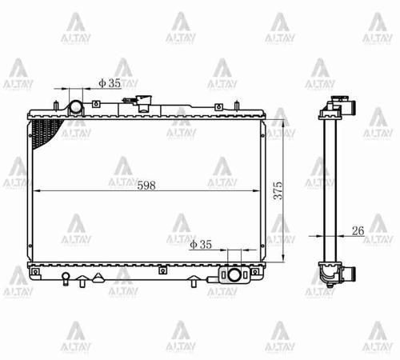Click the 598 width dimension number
click(146, 184)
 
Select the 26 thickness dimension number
click(358, 230)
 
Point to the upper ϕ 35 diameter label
click(110, 82)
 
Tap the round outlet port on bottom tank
click(233, 275)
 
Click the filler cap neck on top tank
click(144, 102)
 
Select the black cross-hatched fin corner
click(45, 130)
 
